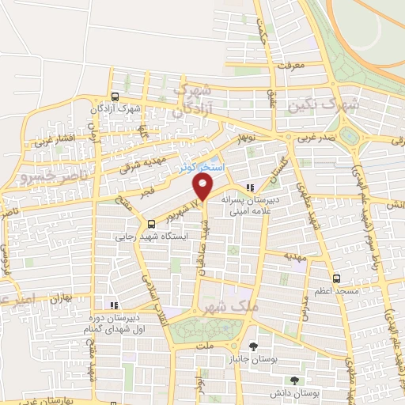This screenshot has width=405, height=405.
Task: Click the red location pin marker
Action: point(204,187)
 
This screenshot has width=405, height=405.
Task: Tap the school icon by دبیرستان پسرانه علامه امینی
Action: point(250,187)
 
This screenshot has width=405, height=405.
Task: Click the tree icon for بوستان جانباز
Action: point(253,346)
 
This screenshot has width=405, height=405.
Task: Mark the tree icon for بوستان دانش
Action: point(294,380)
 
